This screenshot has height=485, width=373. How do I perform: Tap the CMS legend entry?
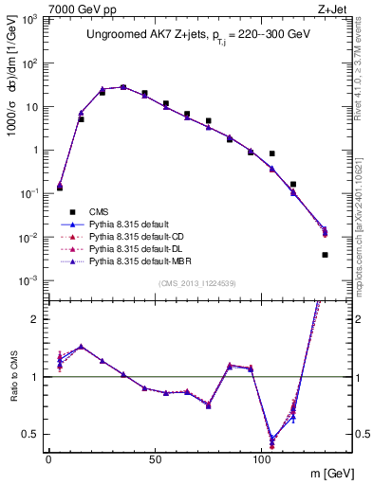tap(100, 212)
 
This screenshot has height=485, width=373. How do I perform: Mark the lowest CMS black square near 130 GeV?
tap(326, 255)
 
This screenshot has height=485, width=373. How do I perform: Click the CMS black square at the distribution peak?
tap(123, 87)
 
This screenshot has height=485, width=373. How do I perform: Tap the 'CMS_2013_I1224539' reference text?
tap(196, 283)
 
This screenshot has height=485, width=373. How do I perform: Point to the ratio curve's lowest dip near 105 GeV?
tap(272, 441)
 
